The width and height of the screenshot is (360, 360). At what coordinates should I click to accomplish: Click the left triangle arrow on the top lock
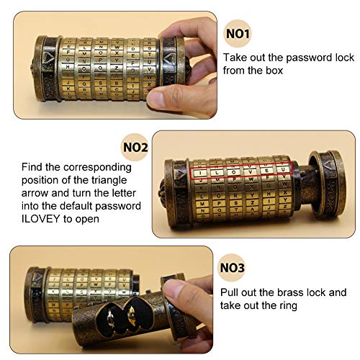click(x=48, y=56)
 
